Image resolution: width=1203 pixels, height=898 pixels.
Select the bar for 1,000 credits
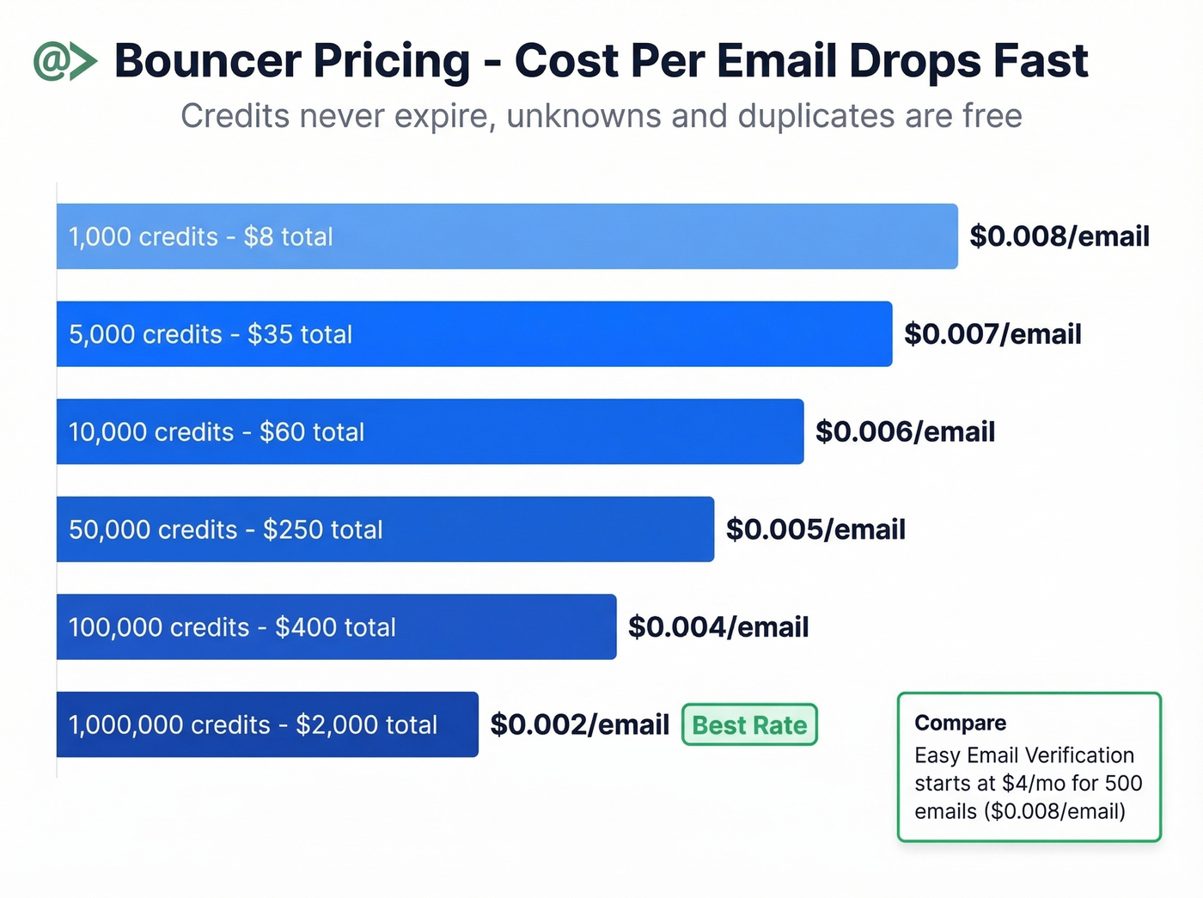tap(507, 236)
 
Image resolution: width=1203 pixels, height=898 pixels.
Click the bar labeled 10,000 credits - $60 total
tap(430, 431)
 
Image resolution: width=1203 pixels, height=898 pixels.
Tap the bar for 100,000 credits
tap(336, 627)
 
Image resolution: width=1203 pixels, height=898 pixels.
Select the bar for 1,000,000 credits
tap(267, 724)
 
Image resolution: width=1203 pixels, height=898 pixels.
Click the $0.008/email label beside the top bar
tap(1059, 236)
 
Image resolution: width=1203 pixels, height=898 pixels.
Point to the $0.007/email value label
tap(992, 334)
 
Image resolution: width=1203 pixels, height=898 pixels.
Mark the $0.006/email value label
tap(905, 431)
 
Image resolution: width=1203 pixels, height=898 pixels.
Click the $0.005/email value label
tap(815, 529)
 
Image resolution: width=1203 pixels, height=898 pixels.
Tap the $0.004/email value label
tap(718, 627)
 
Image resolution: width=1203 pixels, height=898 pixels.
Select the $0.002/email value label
tap(579, 724)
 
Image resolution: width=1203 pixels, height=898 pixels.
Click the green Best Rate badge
tap(749, 724)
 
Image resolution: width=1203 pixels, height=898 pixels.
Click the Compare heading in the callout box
tap(960, 723)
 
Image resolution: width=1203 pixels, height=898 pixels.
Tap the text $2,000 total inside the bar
tap(367, 724)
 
